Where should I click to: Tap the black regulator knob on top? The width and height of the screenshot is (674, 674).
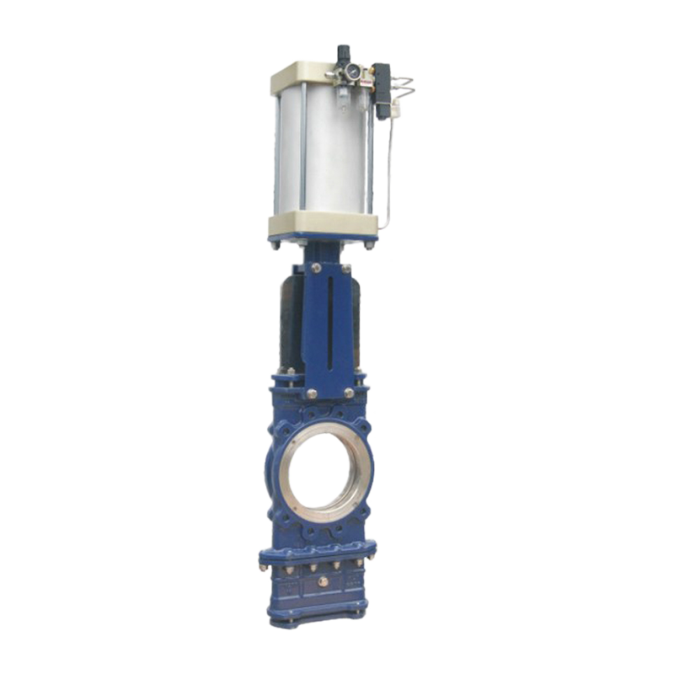pos(344,52)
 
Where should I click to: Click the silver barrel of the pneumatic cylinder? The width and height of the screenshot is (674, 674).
pos(320,152)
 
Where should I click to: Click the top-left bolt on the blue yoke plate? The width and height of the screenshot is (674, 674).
pos(315,269)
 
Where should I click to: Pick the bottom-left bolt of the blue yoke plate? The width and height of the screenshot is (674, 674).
pos(312,393)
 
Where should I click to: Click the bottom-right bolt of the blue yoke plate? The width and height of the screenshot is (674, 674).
pos(348,392)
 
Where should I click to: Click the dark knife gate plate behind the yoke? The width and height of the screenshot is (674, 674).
pos(291,320)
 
